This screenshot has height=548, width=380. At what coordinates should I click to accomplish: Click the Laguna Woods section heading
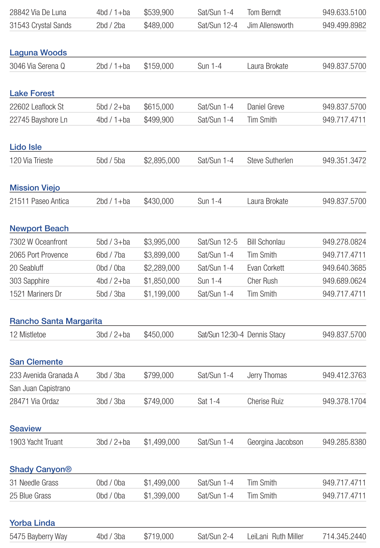click(x=38, y=53)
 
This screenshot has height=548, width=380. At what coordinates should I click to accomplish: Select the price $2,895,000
click(x=161, y=160)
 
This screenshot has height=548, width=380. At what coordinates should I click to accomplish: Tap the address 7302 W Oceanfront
click(x=38, y=242)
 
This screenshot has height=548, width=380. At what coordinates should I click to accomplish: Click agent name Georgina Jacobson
click(x=275, y=442)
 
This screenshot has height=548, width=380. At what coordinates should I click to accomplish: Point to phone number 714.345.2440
click(x=344, y=537)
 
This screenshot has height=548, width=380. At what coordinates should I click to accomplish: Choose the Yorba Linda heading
click(x=32, y=523)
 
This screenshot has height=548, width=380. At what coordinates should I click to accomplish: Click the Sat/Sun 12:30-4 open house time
click(x=220, y=334)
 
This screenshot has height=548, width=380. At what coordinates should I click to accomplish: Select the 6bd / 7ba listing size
click(x=111, y=255)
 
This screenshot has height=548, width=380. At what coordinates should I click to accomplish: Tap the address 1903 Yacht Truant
click(x=36, y=442)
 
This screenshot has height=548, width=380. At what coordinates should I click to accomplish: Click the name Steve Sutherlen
click(x=270, y=160)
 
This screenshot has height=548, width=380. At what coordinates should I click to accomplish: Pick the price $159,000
click(x=158, y=66)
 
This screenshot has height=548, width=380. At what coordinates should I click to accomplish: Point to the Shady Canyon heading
click(x=40, y=469)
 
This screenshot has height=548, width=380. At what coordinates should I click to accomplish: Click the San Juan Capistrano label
click(x=40, y=388)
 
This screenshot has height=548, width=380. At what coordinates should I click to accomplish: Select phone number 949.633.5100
click(x=344, y=12)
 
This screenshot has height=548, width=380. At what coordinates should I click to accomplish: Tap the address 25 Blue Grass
click(x=30, y=496)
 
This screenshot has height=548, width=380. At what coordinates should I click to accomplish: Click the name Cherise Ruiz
click(x=265, y=401)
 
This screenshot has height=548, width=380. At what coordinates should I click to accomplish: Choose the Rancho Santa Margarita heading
click(x=56, y=321)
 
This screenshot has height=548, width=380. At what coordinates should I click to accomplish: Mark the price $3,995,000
click(x=161, y=242)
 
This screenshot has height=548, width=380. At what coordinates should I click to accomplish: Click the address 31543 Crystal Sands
click(x=40, y=25)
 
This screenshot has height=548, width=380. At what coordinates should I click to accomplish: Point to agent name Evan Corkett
click(x=265, y=268)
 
